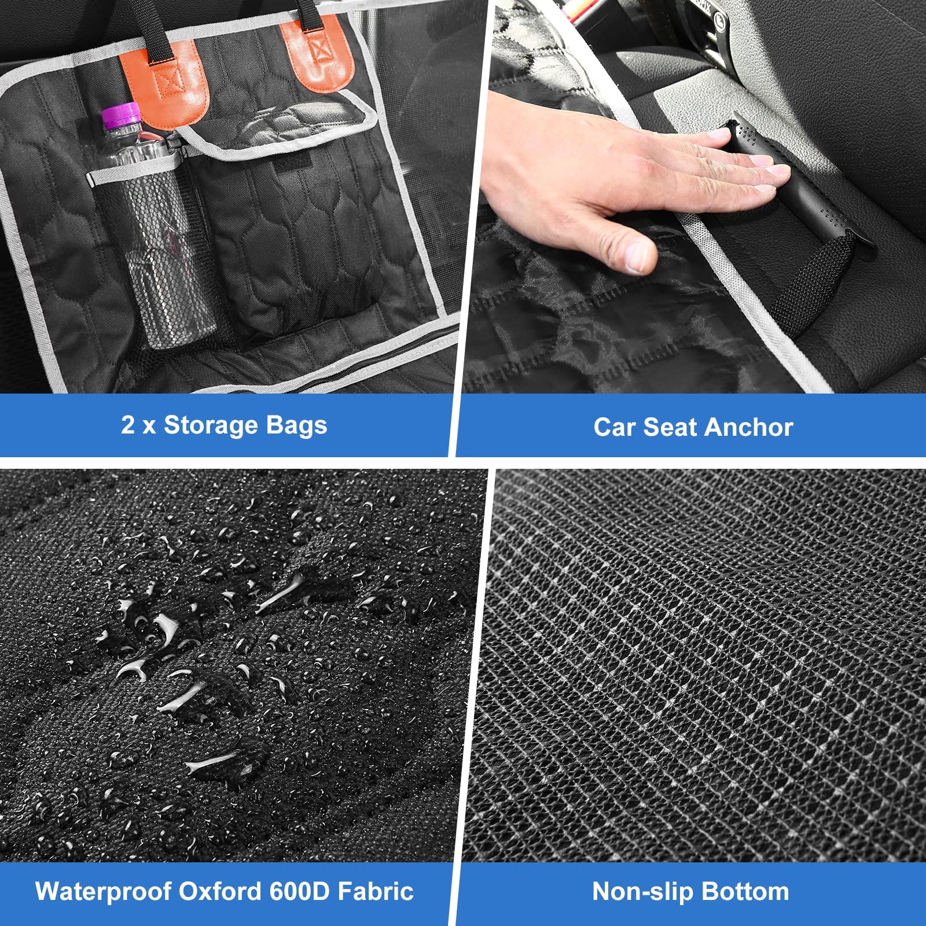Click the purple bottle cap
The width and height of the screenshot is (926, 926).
(122, 115)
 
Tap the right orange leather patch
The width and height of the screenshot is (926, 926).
(317, 56)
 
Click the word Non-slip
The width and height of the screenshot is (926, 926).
(639, 892)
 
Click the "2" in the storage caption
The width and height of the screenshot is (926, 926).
(128, 425)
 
